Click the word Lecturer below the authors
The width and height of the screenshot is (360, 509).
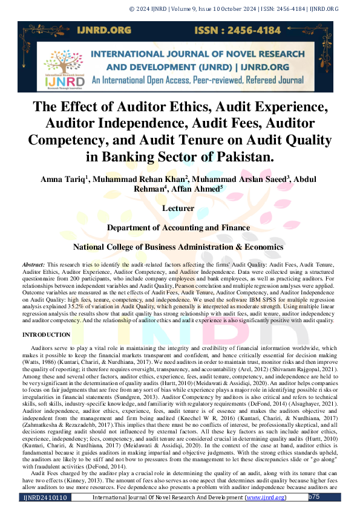[x=178, y=209]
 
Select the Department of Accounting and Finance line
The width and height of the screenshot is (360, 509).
[x=178, y=228]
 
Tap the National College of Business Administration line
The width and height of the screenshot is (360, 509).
[x=178, y=247]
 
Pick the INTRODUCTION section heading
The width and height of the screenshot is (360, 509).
[x=47, y=334]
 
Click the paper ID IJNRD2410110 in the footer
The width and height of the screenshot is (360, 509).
[x=46, y=498]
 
